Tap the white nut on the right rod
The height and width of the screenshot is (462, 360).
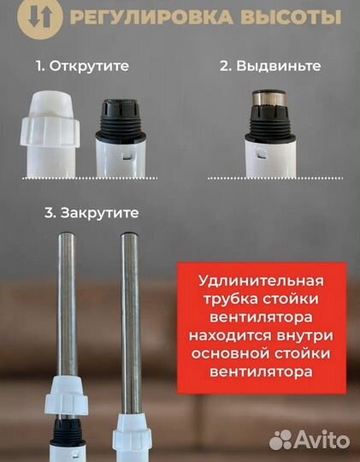tap(131, 401)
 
